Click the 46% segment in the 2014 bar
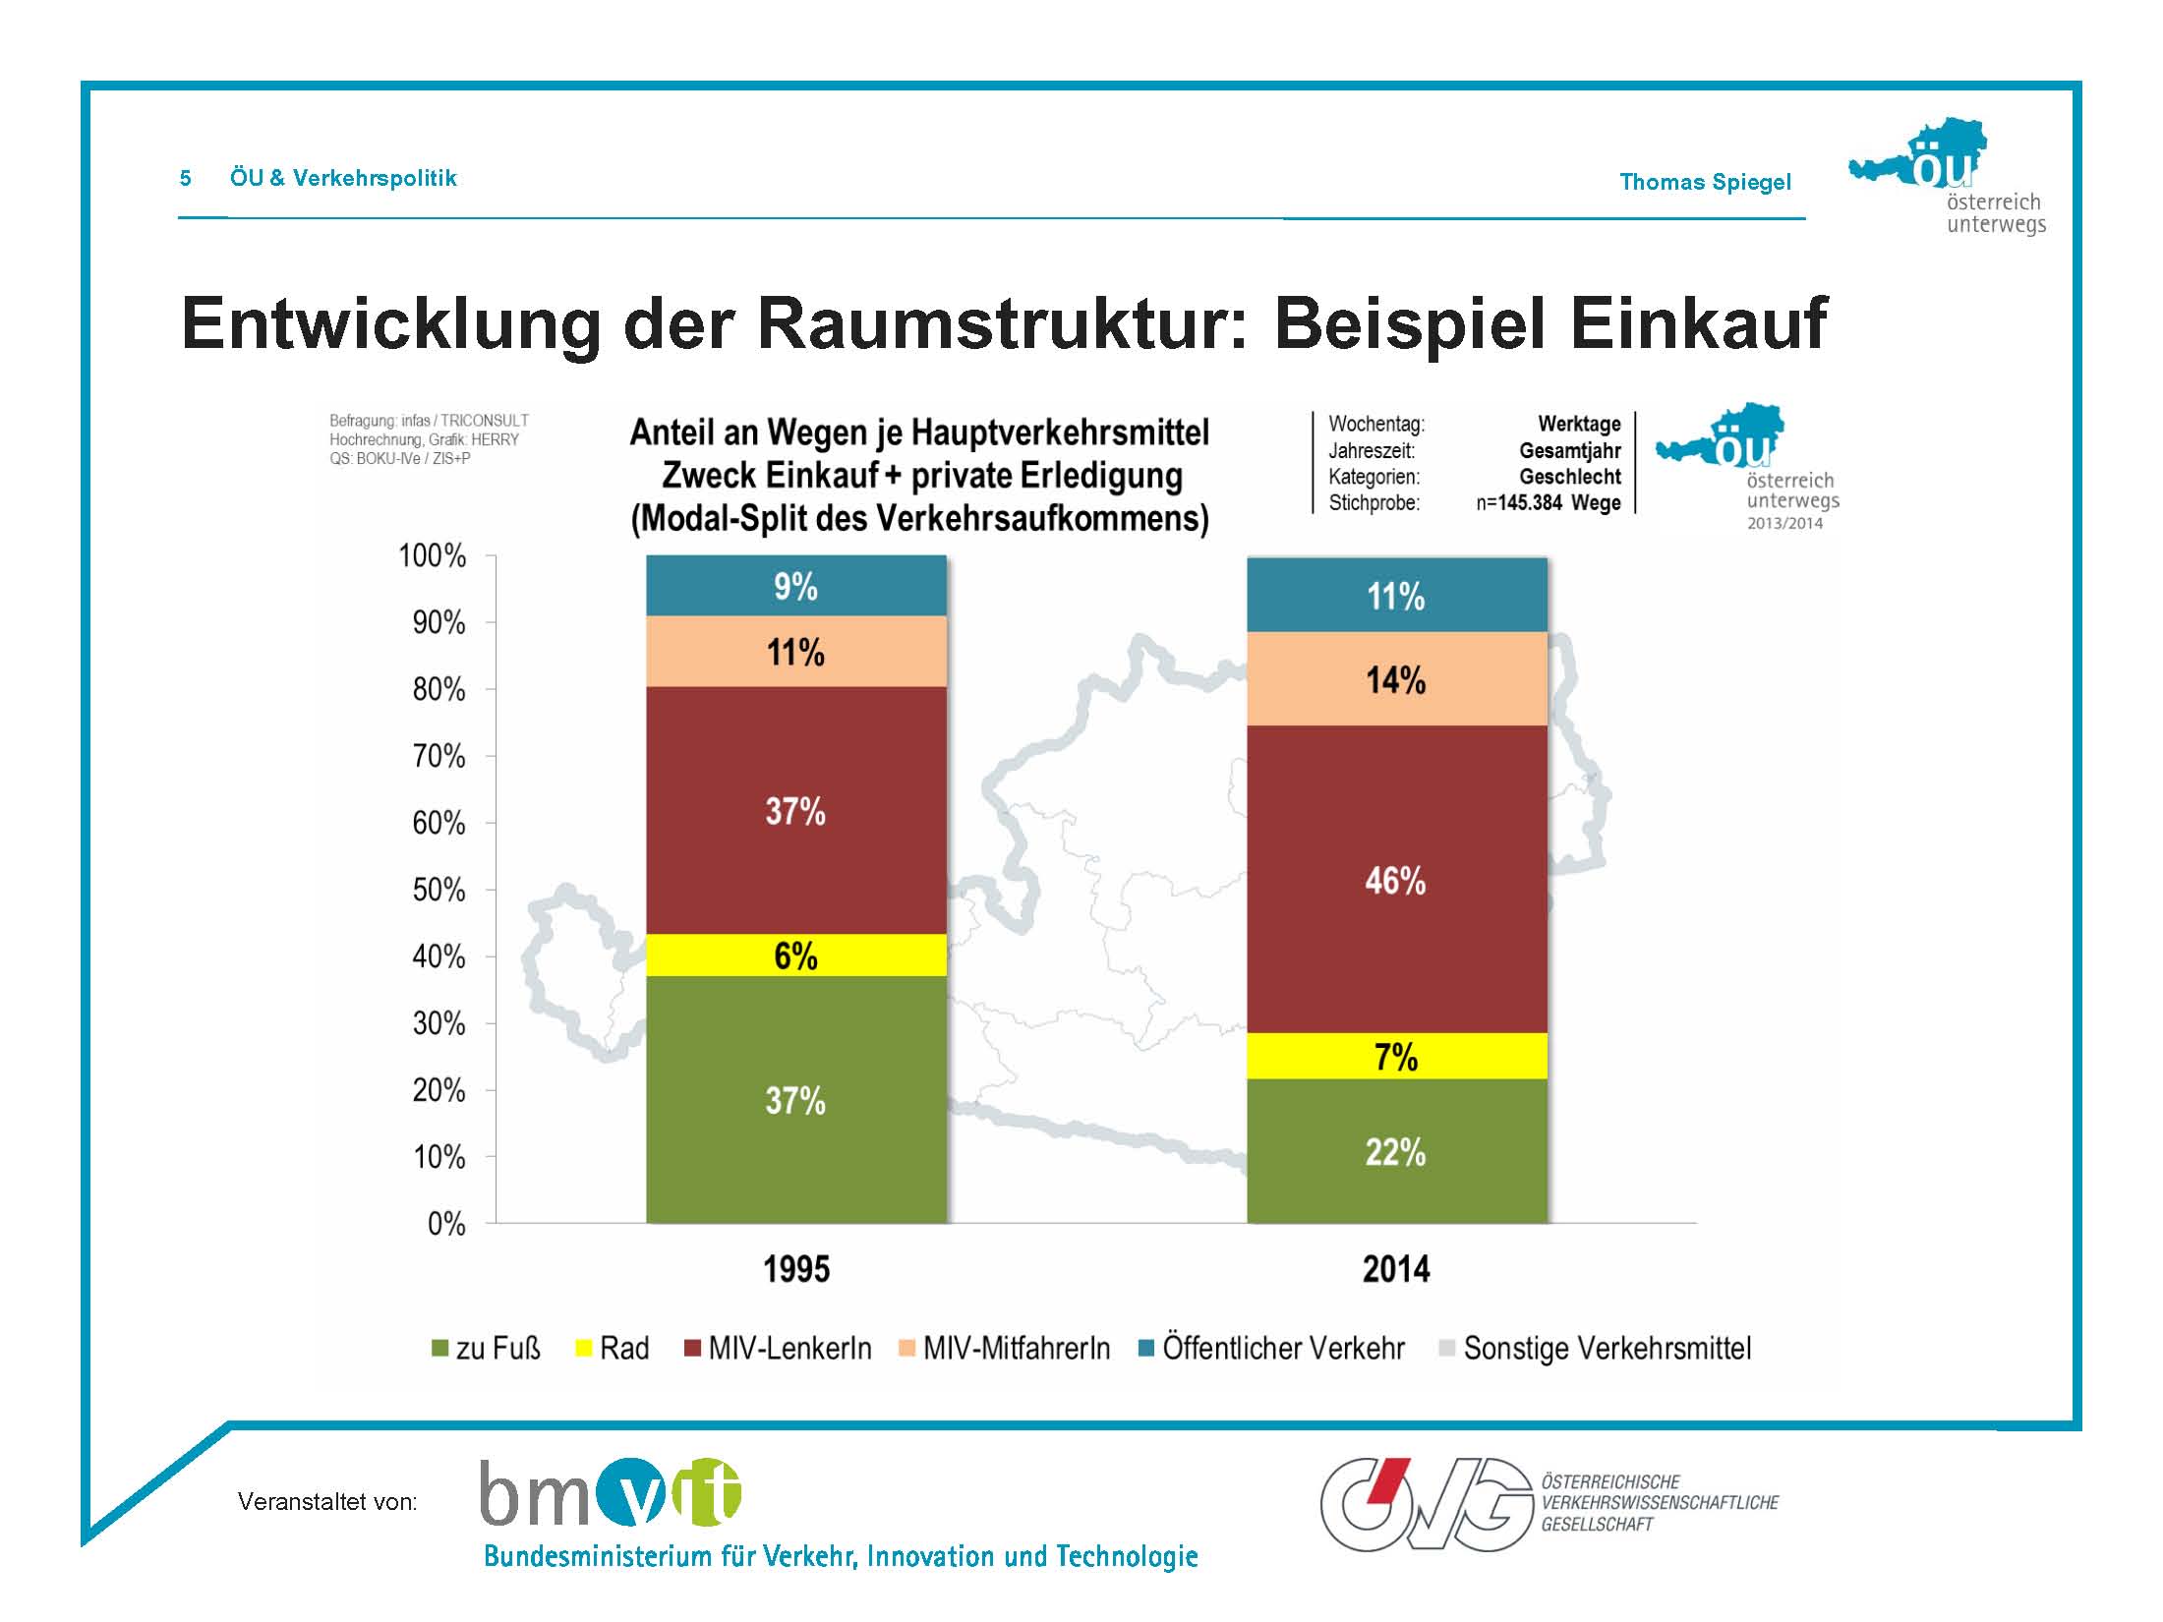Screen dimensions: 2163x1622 1396,879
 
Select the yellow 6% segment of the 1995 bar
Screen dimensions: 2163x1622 796,955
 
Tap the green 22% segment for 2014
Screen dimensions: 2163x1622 1396,1151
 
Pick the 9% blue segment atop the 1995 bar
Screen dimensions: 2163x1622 796,586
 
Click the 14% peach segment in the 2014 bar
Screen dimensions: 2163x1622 1396,678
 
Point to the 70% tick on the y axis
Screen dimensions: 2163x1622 438,756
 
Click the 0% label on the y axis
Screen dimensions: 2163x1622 446,1224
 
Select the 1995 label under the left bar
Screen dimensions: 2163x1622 796,1269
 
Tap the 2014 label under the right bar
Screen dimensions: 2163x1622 1396,1269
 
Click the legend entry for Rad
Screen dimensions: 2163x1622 612,1348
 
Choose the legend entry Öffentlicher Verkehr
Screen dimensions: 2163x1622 1271,1348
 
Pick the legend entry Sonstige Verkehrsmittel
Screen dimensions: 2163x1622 1595,1348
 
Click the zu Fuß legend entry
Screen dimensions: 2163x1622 486,1348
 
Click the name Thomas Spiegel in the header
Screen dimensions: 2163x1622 1706,182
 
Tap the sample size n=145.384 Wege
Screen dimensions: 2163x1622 1549,503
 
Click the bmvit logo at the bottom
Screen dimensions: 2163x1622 611,1492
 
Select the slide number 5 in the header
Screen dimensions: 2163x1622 186,178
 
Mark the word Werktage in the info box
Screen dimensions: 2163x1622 1580,425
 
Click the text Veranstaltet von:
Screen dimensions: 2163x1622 327,1501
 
